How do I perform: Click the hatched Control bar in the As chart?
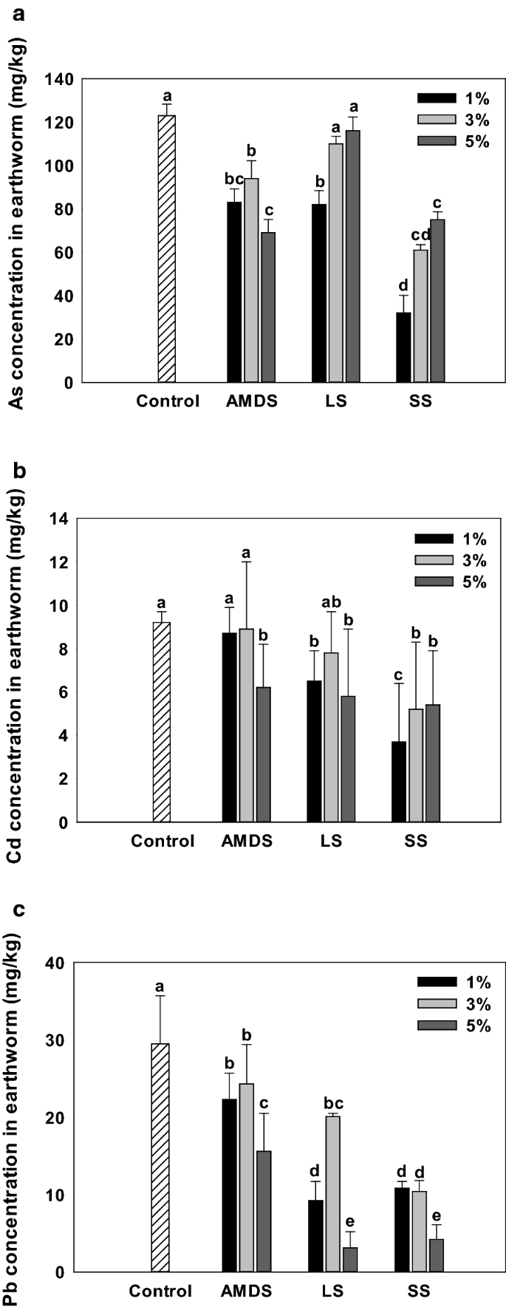pyautogui.click(x=167, y=249)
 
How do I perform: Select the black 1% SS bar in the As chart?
pyautogui.click(x=403, y=347)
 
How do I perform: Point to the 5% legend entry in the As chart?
pyautogui.click(x=454, y=142)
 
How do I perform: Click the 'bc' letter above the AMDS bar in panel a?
pyautogui.click(x=235, y=179)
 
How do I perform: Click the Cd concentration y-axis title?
pyautogui.click(x=16, y=671)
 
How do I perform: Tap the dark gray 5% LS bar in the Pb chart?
pyautogui.click(x=350, y=1259)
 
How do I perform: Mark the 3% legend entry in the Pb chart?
pyautogui.click(x=454, y=1004)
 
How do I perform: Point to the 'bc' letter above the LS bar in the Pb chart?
pyautogui.click(x=333, y=1104)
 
